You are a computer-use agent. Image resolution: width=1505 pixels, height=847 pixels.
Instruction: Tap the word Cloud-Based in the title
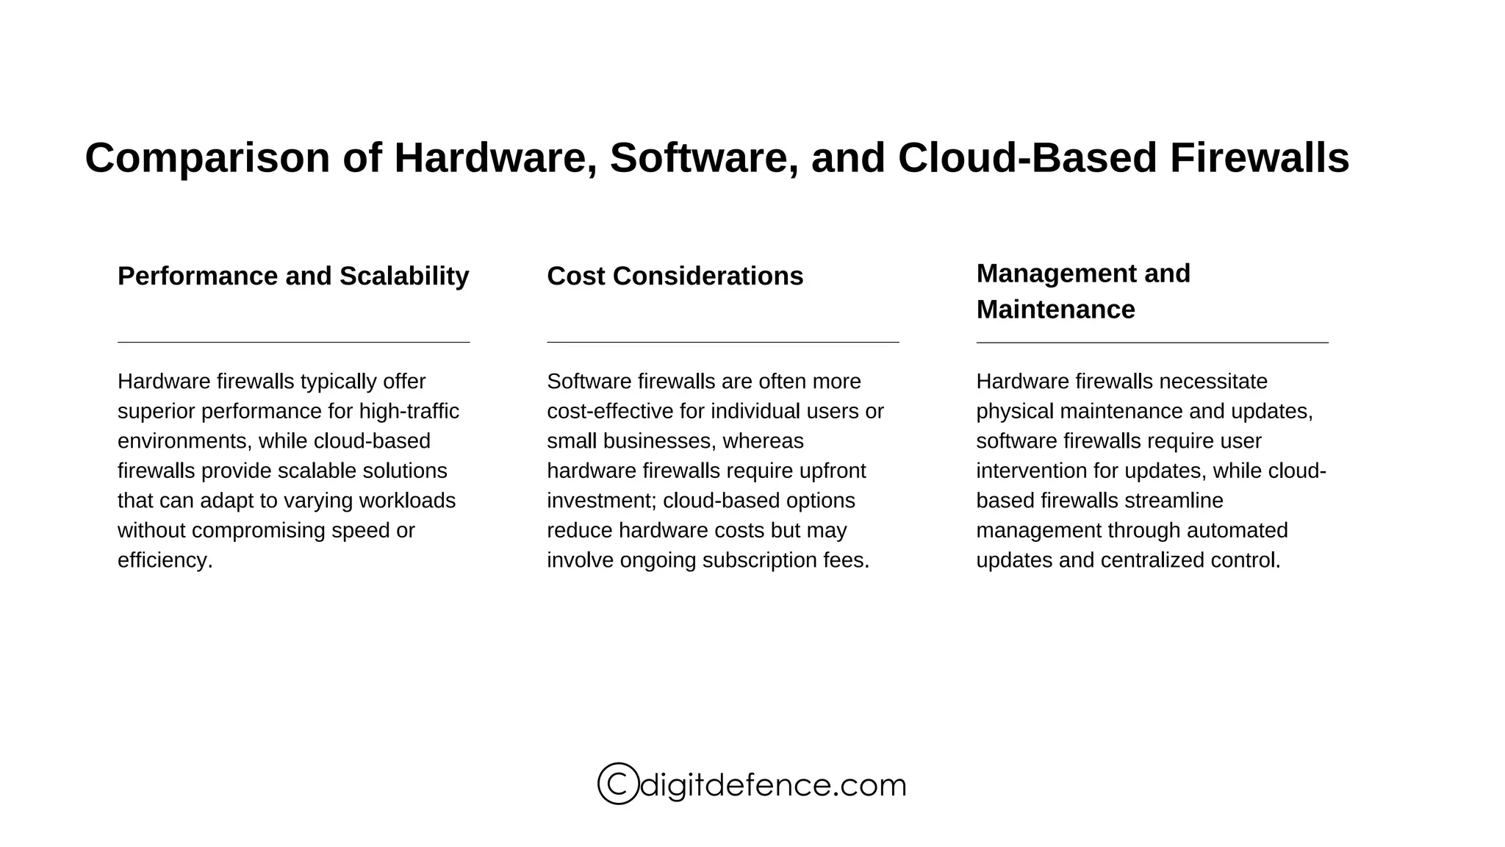(x=1027, y=159)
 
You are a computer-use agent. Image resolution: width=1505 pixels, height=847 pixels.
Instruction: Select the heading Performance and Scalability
(x=293, y=276)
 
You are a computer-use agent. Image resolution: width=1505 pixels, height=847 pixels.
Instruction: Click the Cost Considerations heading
(x=675, y=276)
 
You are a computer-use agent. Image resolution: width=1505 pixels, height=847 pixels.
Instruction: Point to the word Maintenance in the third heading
(x=1055, y=310)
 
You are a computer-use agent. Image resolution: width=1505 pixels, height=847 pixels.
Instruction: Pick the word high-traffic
(x=409, y=411)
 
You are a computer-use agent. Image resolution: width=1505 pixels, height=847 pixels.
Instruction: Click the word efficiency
(x=165, y=560)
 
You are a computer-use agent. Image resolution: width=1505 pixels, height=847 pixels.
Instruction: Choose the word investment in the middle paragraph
(x=601, y=501)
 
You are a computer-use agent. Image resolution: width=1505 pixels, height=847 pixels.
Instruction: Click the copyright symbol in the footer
(x=618, y=784)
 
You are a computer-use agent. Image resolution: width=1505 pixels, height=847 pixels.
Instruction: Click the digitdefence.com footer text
(x=773, y=785)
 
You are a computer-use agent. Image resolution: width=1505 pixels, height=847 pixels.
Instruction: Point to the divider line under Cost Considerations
(x=722, y=342)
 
